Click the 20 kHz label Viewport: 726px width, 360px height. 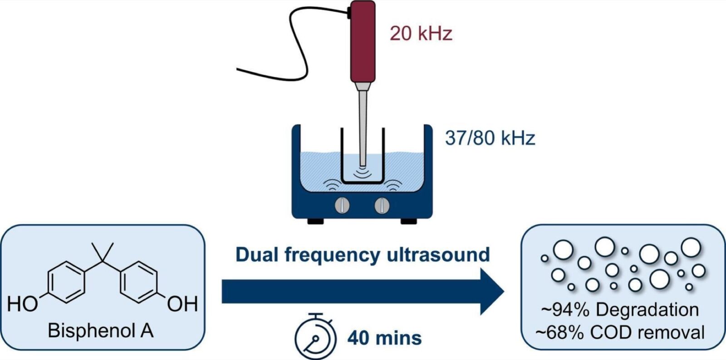[421, 33]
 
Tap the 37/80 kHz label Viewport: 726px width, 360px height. [490, 137]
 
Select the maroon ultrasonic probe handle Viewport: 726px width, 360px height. [363, 41]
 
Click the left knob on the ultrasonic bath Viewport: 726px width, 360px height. [342, 206]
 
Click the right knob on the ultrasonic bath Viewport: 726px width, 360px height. [382, 206]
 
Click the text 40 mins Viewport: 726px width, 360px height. [384, 338]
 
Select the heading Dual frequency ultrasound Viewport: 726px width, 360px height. [363, 255]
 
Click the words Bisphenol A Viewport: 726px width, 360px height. [100, 330]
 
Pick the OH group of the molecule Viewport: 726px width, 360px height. [182, 304]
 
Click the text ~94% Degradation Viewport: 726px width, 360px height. [620, 310]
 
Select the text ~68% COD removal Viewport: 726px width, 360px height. [620, 332]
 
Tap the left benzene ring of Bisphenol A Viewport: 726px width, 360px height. [66, 281]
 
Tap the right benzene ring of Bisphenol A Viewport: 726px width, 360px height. [139, 281]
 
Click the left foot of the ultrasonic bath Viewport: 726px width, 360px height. [315, 221]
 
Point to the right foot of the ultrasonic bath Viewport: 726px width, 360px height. [408, 221]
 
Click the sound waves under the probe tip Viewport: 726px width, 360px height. [362, 173]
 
